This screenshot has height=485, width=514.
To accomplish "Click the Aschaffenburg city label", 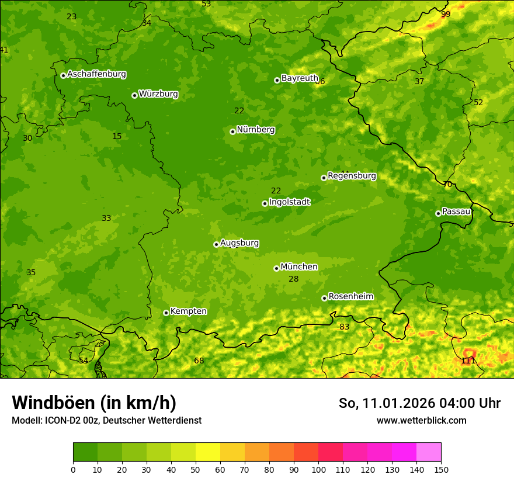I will pos(96,74).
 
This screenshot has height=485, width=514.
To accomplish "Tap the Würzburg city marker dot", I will pos(134,95).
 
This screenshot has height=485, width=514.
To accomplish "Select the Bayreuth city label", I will pos(300,78).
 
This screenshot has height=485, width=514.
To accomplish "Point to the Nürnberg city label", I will pos(256,130).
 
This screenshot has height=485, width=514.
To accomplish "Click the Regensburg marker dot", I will pos(324,178).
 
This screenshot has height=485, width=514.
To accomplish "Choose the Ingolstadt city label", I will pos(289,202).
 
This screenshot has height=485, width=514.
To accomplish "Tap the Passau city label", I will pos(456,212).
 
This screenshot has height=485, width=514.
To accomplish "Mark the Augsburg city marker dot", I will pos(216,244).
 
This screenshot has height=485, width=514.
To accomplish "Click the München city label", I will pos(299,267).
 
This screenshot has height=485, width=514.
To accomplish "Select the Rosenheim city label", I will pos(350,297).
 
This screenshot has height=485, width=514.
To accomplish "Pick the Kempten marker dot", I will pos(166,313).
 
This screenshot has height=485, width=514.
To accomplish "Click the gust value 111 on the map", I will pos(468,361).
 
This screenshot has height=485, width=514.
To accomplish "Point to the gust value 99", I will pos(446,14).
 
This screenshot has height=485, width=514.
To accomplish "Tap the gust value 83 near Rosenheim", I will pos(345,327).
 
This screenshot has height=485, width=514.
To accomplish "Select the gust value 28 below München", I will pos(294,279).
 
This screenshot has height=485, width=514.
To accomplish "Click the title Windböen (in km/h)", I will pos(94,403).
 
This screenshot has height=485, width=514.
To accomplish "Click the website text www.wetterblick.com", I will pos(421,420).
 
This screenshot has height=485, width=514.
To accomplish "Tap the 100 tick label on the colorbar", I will pos(318,469).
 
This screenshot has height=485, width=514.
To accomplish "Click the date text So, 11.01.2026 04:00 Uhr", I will pos(419,403).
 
